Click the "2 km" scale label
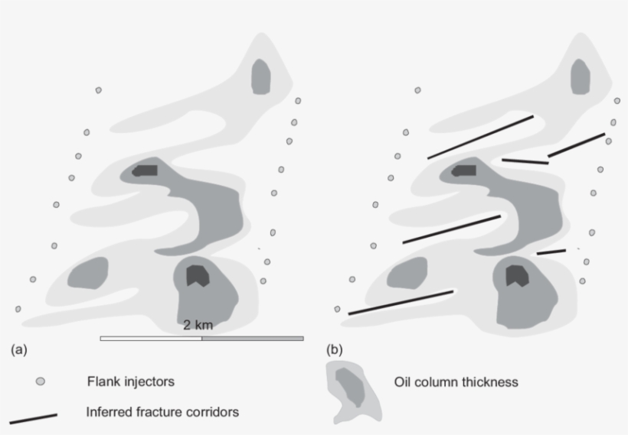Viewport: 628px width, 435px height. point(198,325)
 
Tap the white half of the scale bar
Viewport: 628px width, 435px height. point(151,338)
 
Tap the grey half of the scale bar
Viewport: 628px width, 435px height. point(252,338)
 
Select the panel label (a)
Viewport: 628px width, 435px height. point(18,350)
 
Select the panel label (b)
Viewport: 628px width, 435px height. point(335,350)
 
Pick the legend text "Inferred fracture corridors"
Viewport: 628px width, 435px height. point(163,411)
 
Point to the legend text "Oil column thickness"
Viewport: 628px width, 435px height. point(456,381)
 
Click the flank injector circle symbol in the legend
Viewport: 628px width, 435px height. point(41,381)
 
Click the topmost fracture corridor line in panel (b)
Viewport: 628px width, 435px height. point(480,137)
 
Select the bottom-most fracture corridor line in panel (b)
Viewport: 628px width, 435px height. point(401,302)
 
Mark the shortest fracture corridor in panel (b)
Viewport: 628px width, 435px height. point(551,252)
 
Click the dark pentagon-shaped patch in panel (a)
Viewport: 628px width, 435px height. point(198,274)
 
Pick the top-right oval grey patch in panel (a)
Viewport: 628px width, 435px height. point(261,76)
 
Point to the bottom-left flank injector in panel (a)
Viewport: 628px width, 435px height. point(18,309)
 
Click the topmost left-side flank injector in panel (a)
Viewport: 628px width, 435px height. point(98,90)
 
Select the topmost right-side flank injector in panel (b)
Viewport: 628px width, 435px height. point(617,101)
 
